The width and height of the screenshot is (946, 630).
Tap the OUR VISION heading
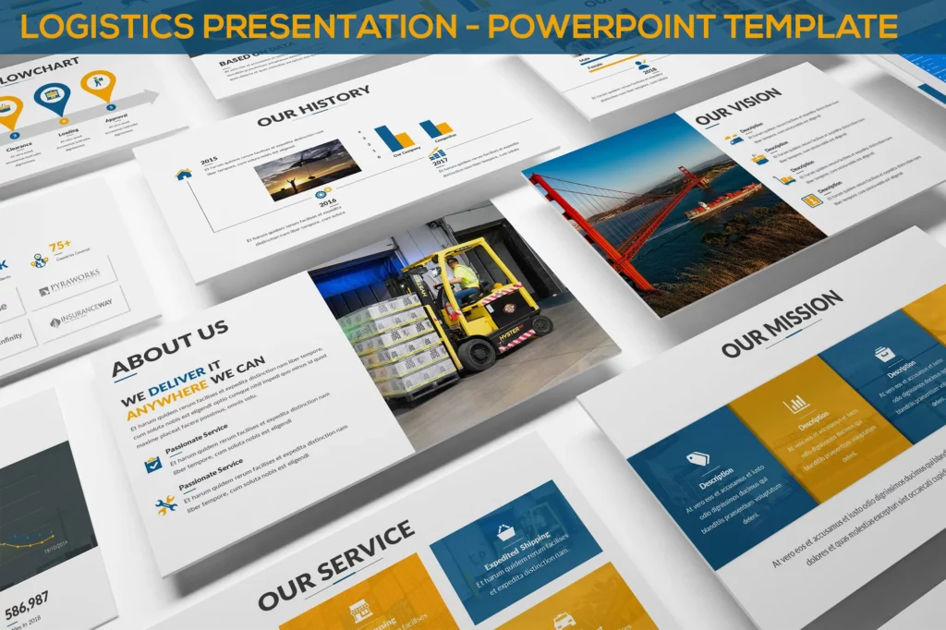point(737,106)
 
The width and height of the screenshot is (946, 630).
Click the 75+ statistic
point(59,247)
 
